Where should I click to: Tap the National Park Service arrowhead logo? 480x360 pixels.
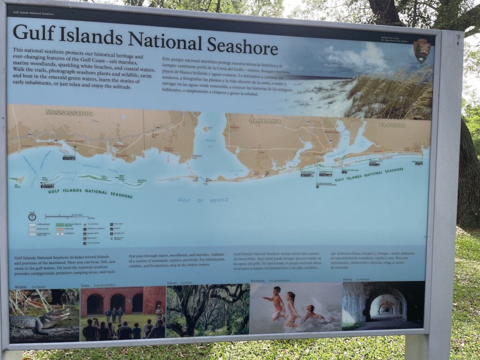[x=421, y=51]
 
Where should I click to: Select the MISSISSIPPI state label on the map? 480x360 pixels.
[x=69, y=113]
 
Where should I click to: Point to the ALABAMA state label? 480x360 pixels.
[x=265, y=121]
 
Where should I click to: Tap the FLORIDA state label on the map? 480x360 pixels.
[x=392, y=125]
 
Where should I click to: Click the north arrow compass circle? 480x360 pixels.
[x=32, y=217]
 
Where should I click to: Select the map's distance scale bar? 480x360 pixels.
[x=67, y=217]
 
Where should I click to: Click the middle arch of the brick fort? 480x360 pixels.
[x=118, y=302]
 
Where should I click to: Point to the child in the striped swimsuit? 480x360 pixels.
[x=292, y=309]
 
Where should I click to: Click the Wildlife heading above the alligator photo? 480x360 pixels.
[x=21, y=286]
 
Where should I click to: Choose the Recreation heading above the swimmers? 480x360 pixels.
[x=257, y=281]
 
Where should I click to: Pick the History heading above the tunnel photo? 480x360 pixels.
[x=347, y=279]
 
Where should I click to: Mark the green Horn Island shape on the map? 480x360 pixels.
[x=94, y=178]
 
